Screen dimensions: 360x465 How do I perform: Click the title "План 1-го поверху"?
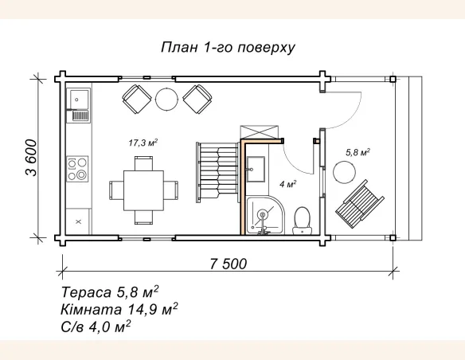tap(228, 47)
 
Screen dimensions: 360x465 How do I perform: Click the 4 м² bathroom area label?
tap(288, 183)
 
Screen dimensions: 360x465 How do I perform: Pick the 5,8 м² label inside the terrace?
tap(358, 151)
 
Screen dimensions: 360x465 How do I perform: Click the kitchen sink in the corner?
tap(79, 100)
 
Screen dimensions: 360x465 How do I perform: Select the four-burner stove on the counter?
tap(78, 167)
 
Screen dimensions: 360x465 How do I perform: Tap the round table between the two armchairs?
tap(167, 99)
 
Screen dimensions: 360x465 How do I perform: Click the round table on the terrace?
tap(344, 171)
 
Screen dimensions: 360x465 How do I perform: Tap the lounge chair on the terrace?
tap(362, 202)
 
